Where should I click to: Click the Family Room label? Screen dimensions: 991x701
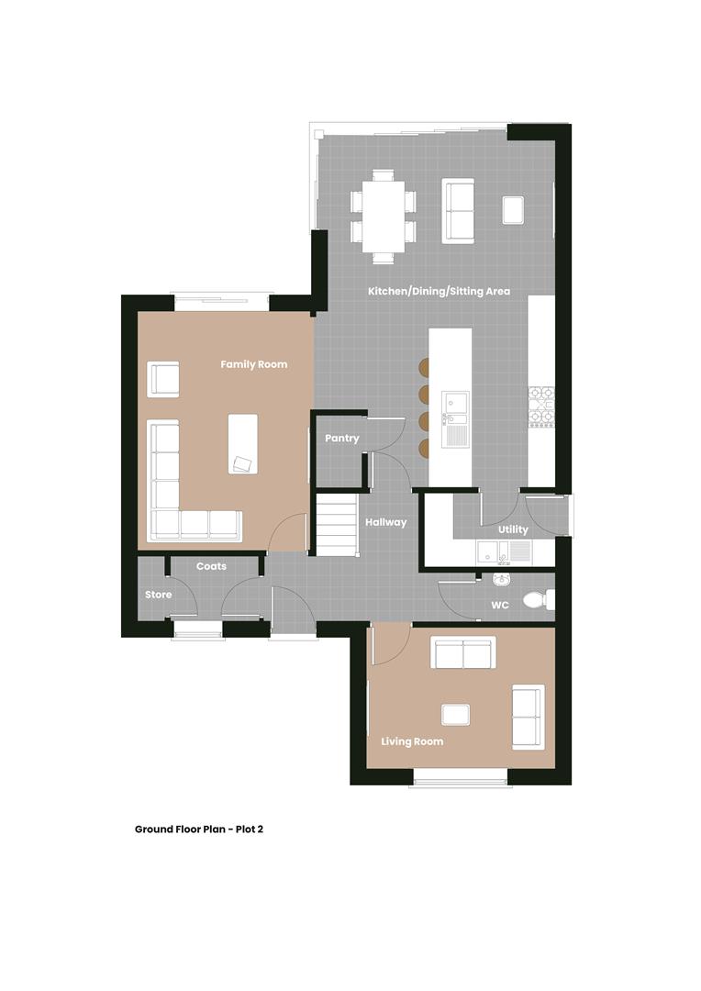point(253,364)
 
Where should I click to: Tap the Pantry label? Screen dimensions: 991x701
point(341,439)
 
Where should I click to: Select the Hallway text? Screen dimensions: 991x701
point(385,522)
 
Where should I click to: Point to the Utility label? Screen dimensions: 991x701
point(513,529)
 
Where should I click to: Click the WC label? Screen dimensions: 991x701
point(500,606)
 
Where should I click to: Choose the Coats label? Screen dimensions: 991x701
point(211,566)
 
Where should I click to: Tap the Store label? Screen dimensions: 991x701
point(158,595)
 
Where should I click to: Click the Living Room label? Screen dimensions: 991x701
point(412,741)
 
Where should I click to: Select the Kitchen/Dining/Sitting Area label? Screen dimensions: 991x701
point(439,291)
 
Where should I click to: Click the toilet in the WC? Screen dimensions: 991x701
point(536,600)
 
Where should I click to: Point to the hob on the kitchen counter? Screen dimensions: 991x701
point(540,406)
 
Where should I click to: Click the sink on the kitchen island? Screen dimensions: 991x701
point(455,405)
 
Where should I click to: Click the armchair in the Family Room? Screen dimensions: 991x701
point(163,379)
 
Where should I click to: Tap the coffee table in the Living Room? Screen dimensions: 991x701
point(455,714)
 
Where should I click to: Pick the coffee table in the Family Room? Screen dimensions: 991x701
point(243,444)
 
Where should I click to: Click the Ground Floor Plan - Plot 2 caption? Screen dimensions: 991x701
point(199,829)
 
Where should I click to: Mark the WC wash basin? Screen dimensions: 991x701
point(500,579)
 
